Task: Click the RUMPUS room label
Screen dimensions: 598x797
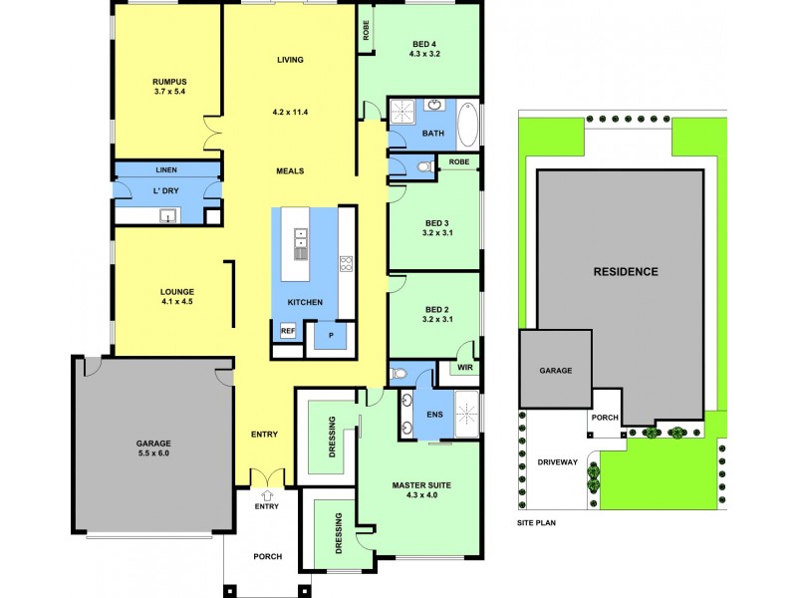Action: coord(170,82)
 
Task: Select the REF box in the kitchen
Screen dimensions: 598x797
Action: coord(287,331)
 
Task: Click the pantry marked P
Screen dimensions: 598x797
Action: coord(330,336)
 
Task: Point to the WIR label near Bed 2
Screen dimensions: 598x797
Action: coord(465,368)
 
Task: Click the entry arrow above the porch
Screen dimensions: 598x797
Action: coord(267,493)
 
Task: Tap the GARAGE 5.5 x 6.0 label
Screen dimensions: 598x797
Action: coord(154,448)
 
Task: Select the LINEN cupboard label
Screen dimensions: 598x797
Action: coord(166,169)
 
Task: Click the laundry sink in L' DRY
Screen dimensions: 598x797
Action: coord(168,215)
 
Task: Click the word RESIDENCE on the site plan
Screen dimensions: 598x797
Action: coord(626,271)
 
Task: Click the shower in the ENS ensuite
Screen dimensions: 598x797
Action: coord(467,413)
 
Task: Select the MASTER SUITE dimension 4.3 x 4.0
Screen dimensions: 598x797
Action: coord(421,495)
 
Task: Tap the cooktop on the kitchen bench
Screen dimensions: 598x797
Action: coord(346,264)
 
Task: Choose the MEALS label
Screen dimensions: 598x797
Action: coord(290,170)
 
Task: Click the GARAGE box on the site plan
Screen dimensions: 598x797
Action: coord(556,370)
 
